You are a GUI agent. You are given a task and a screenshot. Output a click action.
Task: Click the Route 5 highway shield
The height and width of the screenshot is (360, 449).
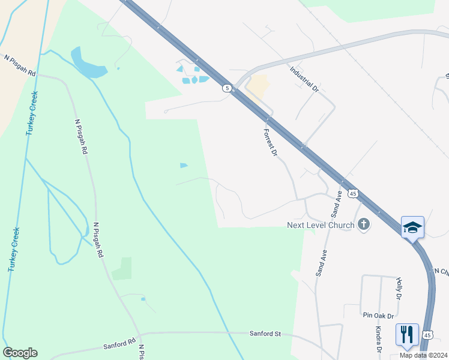point(226,88)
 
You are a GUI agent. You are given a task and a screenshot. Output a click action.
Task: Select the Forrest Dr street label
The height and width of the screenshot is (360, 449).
point(270,142)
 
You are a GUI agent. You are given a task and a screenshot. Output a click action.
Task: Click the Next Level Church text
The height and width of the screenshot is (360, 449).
point(320,225)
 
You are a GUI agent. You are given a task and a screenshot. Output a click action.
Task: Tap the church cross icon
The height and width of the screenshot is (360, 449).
point(363,225)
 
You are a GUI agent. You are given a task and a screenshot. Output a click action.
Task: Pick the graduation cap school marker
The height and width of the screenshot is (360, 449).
point(412,227)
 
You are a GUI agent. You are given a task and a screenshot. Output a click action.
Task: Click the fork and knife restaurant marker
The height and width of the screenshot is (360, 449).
point(407,334)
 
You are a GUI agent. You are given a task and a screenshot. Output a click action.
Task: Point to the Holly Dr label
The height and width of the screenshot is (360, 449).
point(398,289)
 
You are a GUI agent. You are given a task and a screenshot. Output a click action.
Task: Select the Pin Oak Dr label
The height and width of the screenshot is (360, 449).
point(378,315)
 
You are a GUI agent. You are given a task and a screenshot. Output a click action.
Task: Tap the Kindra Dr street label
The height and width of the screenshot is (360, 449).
point(379,340)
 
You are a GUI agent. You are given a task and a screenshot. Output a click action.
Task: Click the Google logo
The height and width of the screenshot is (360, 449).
point(20,353)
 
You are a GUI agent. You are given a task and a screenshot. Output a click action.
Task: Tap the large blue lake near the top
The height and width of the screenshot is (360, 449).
point(88,63)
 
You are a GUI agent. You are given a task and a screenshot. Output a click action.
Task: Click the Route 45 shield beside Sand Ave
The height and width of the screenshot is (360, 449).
point(353,193)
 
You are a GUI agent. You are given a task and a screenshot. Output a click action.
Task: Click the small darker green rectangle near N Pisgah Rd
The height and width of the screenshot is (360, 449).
point(122,268)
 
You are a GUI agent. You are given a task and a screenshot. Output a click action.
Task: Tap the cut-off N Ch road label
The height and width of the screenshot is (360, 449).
point(441,272)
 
